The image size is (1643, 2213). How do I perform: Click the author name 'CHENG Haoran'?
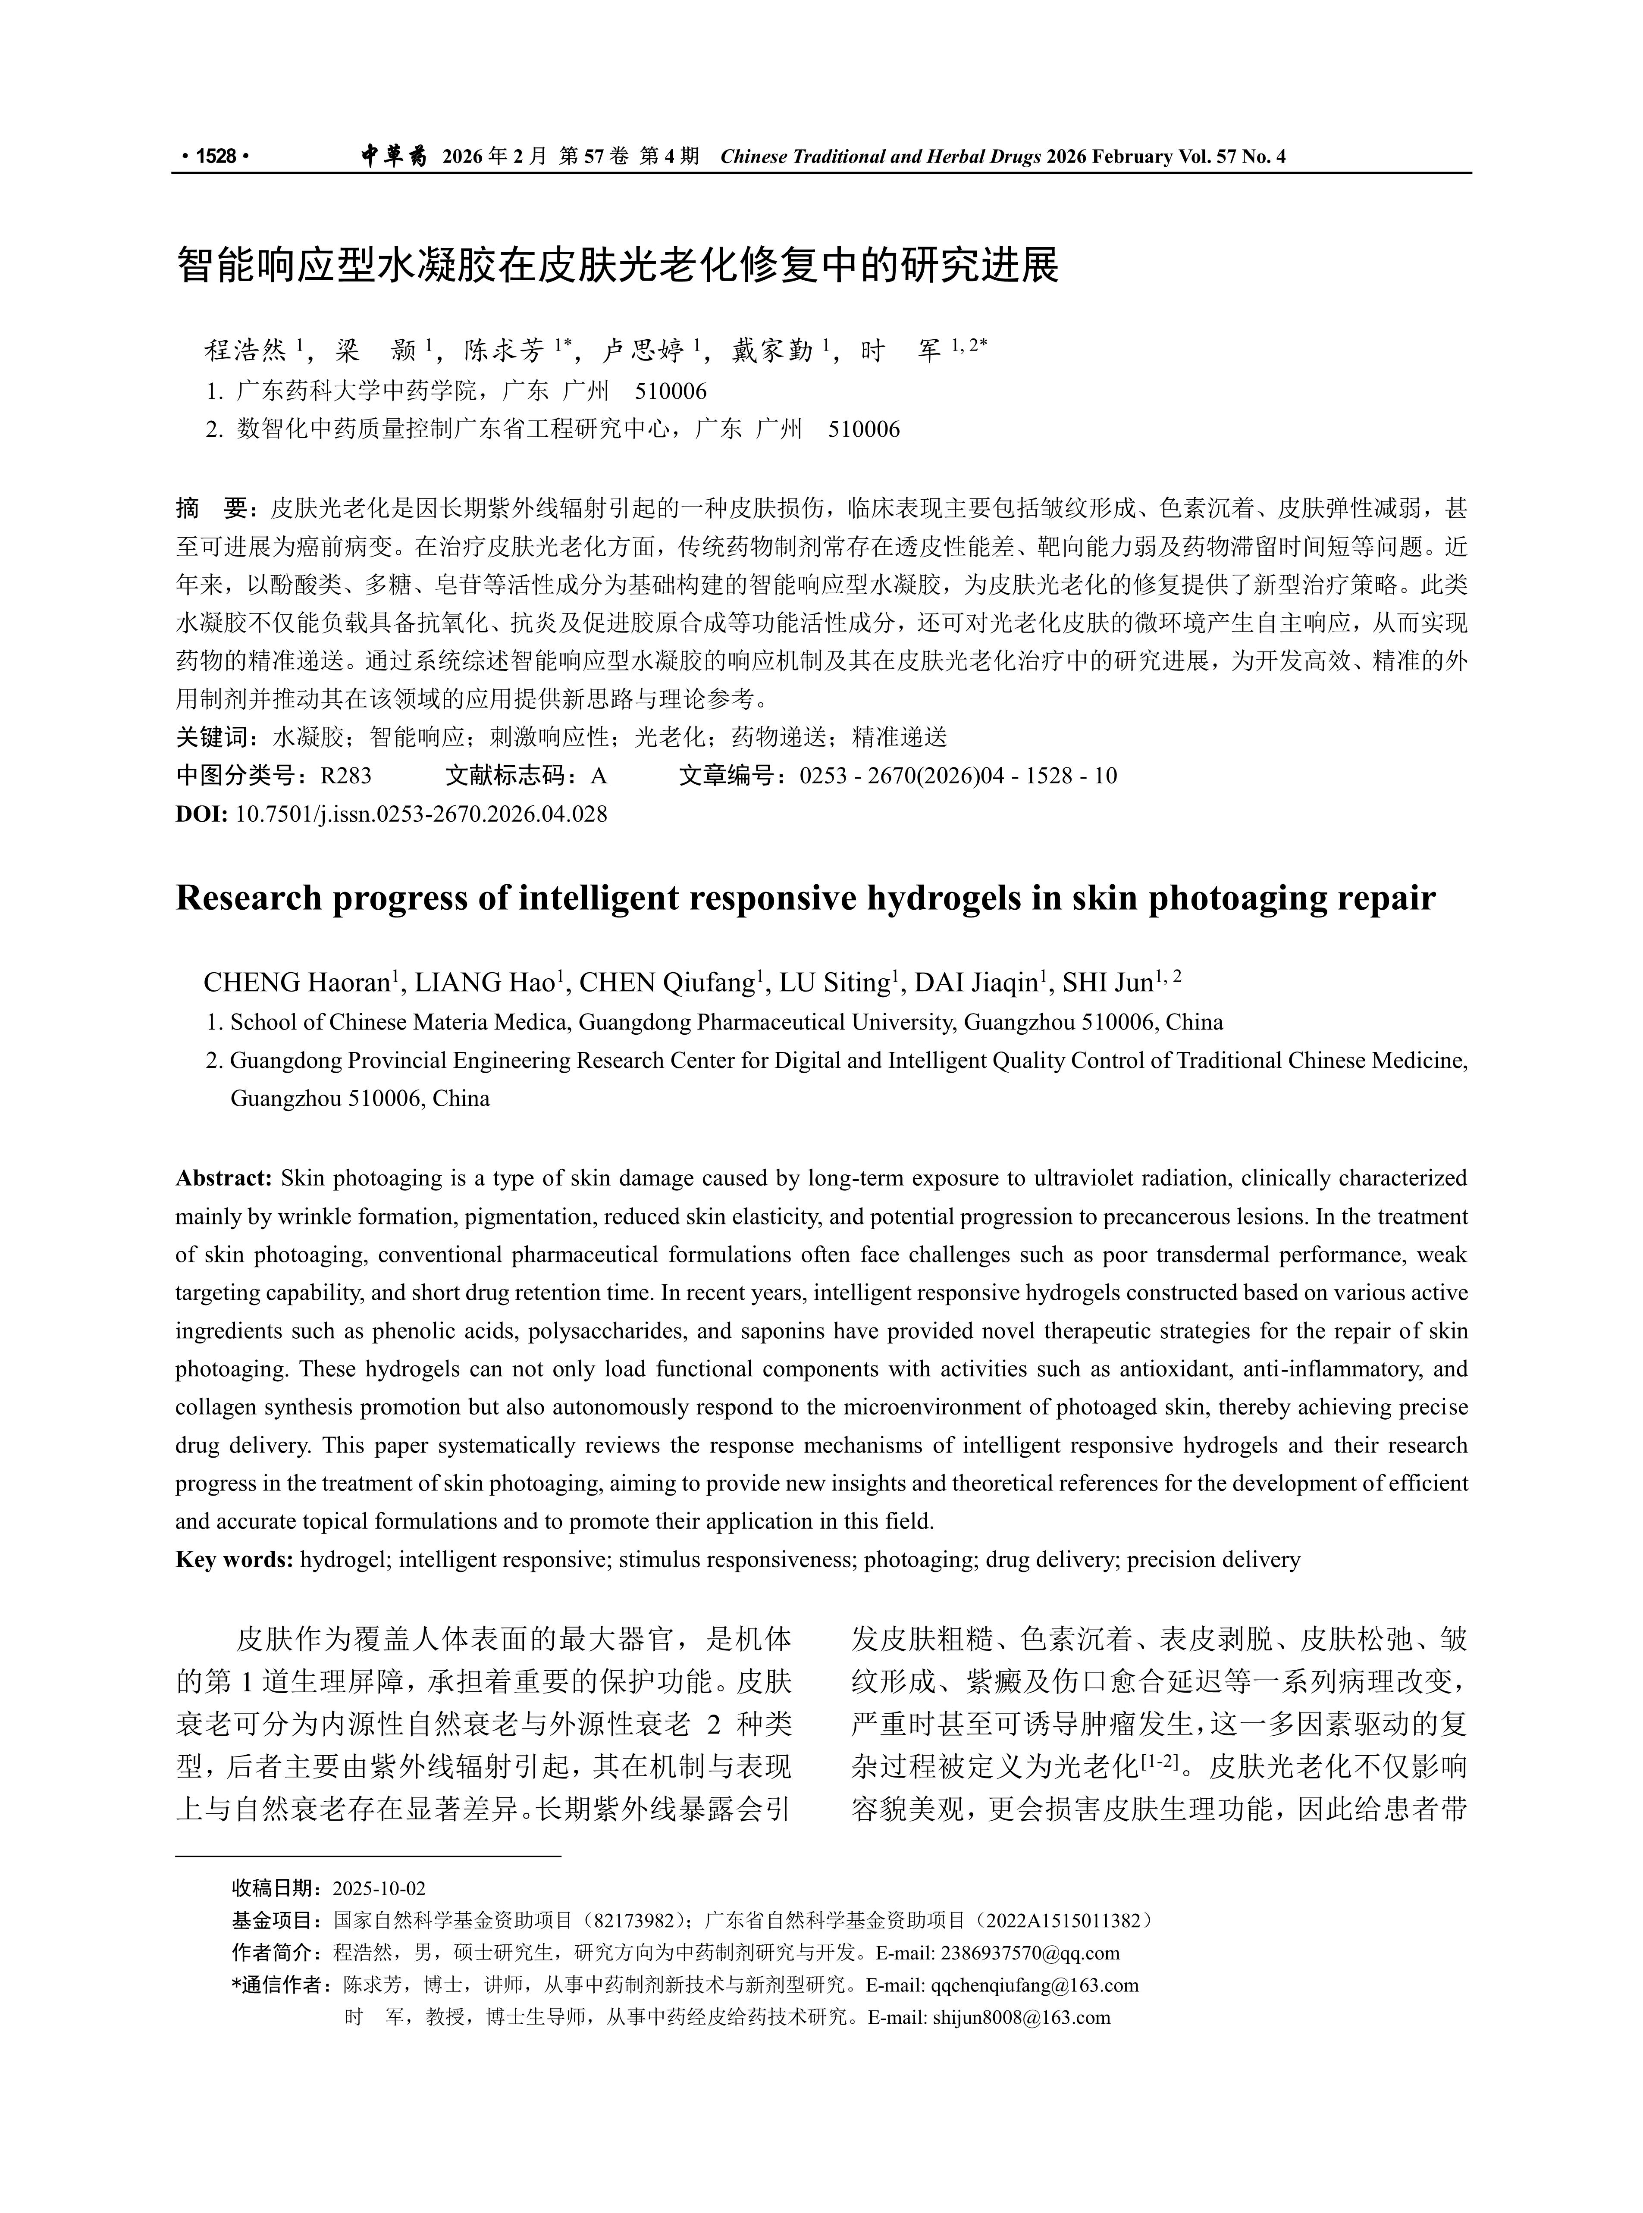[x=296, y=983]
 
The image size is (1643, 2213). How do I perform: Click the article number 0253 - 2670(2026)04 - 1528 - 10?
[x=958, y=776]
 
